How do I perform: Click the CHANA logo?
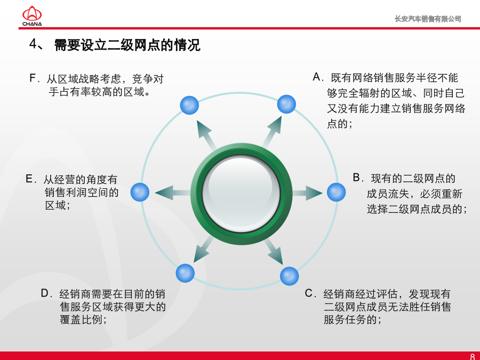pos(32,16)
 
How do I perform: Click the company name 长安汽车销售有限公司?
pos(428,19)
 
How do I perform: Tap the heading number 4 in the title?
pos(33,44)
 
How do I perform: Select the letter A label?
pos(316,77)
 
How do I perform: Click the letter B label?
pos(356,177)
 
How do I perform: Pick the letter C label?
pos(309,293)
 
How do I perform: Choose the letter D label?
pos(45,293)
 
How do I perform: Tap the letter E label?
pos(29,179)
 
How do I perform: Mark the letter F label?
pos(33,78)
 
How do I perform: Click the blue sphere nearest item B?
pos(336,192)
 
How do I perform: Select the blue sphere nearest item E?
pos(140,192)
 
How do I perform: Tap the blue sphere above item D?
pos(185,273)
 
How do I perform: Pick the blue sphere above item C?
pos(289,276)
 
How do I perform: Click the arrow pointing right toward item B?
pos(307,193)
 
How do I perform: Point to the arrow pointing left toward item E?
pos(173,193)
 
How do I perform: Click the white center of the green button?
pos(241,194)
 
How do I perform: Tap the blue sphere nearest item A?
pos(286,104)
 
